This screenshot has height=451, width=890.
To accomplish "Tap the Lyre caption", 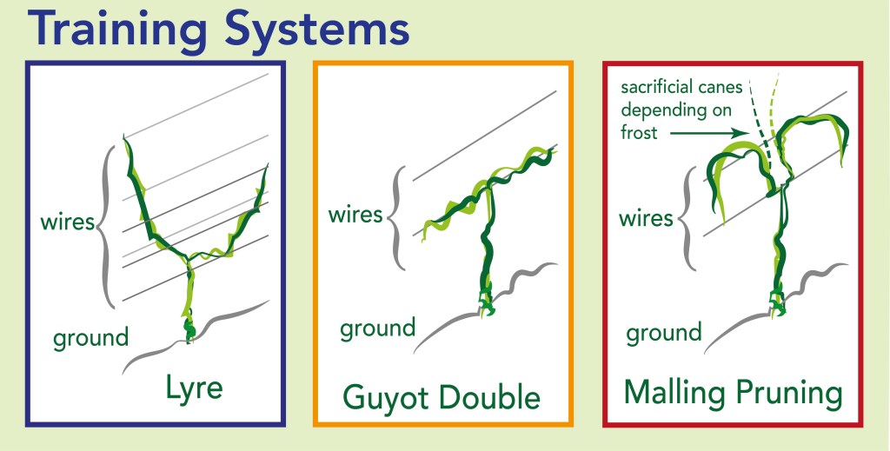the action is point(194,389).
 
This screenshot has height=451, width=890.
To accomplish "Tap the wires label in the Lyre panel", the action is point(67,222).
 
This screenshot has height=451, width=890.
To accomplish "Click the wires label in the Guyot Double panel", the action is point(355,216).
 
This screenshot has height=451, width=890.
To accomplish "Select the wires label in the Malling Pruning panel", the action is point(646,218).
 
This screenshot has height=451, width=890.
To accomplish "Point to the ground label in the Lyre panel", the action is point(90,339).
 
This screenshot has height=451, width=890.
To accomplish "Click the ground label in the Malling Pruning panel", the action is point(664,333).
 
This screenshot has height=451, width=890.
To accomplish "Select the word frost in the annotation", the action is point(639,133).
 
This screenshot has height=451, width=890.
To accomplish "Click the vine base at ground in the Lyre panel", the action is point(189,329).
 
